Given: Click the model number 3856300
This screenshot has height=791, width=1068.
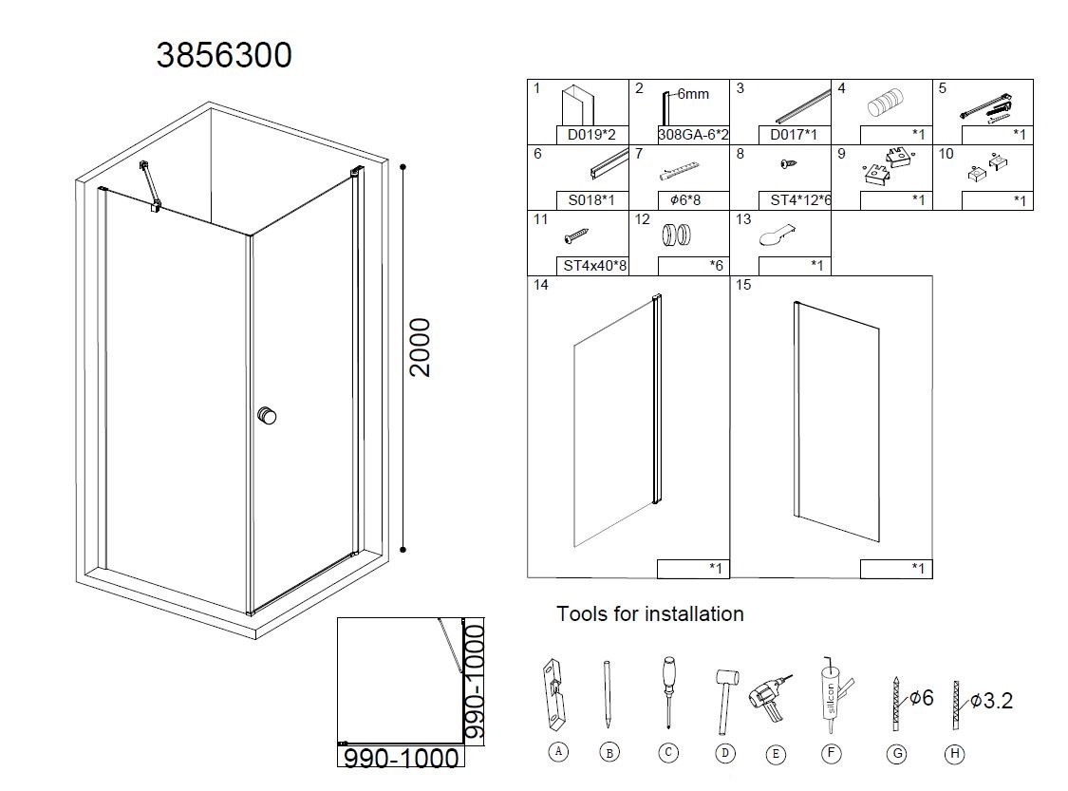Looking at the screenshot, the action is click(x=224, y=55).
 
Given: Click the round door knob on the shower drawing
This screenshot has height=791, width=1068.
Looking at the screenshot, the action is click(x=267, y=416).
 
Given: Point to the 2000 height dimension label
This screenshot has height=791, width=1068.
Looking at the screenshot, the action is click(x=421, y=348).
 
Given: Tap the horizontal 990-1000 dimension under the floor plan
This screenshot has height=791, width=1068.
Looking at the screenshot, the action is click(x=401, y=758).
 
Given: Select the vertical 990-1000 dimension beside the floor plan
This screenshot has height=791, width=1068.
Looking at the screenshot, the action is click(x=474, y=682).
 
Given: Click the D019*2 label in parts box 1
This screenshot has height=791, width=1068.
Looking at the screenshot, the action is click(x=591, y=135).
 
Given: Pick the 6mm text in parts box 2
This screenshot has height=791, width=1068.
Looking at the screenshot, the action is click(x=693, y=94).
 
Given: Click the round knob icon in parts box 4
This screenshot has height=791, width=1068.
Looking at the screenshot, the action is click(x=886, y=106).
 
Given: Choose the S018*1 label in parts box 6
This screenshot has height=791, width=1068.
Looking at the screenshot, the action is click(x=591, y=200).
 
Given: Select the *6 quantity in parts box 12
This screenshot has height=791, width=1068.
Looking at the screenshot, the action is click(x=716, y=266).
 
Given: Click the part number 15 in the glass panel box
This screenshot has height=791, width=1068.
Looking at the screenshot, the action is click(x=743, y=285).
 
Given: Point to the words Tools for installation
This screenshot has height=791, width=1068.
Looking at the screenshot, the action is click(x=649, y=613).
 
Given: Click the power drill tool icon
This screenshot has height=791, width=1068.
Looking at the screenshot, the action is click(x=770, y=698).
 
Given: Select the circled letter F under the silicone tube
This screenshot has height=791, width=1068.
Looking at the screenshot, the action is click(x=831, y=754).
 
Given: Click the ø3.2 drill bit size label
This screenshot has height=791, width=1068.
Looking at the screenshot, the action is click(x=992, y=701).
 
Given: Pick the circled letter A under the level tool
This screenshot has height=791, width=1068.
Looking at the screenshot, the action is click(x=558, y=751).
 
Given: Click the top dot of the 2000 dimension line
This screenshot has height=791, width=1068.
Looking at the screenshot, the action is click(x=403, y=167).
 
